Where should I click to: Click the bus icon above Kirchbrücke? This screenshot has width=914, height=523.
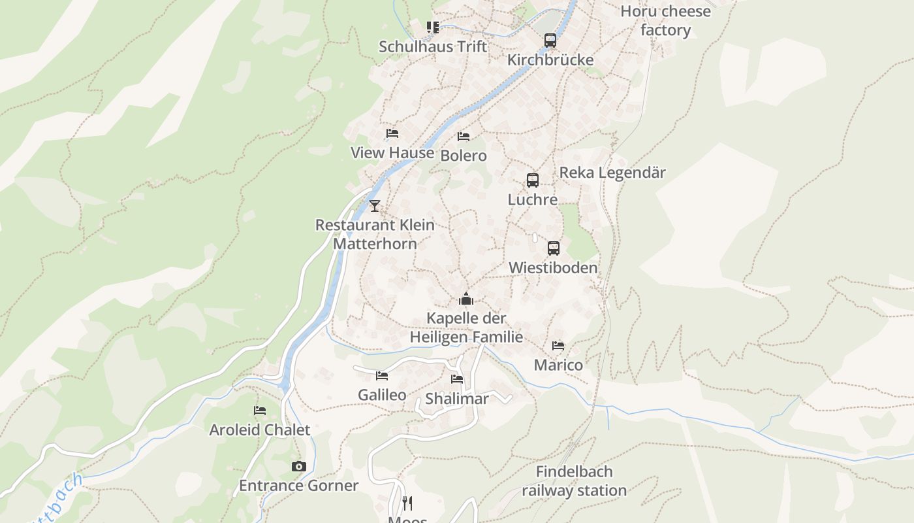click(550, 41)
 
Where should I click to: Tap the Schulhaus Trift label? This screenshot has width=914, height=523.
click(433, 47)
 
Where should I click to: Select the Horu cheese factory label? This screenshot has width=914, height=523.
click(665, 21)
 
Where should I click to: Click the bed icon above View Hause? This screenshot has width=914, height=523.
click(392, 133)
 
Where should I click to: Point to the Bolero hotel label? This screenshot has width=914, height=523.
click(464, 156)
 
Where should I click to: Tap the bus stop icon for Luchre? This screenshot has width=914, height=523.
click(533, 180)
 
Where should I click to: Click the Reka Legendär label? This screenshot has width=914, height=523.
click(612, 173)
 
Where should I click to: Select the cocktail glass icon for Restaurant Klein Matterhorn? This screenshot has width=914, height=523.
click(374, 206)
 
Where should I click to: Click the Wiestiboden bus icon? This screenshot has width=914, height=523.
click(553, 248)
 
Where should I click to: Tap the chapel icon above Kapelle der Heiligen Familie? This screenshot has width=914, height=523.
click(465, 299)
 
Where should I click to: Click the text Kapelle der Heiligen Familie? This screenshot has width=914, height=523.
click(466, 328)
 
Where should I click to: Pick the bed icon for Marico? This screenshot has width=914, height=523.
click(558, 345)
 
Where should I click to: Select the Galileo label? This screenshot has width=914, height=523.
click(382, 395)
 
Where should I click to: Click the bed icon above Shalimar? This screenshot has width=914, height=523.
click(457, 379)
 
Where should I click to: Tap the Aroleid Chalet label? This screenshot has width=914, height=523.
click(259, 430)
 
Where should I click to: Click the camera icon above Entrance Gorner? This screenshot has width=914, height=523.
click(298, 466)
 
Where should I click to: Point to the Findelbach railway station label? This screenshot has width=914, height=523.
click(574, 481)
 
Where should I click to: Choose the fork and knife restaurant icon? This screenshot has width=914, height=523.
click(407, 503)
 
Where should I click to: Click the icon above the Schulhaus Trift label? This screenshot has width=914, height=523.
click(433, 27)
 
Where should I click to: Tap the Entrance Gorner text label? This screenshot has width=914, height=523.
click(298, 486)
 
